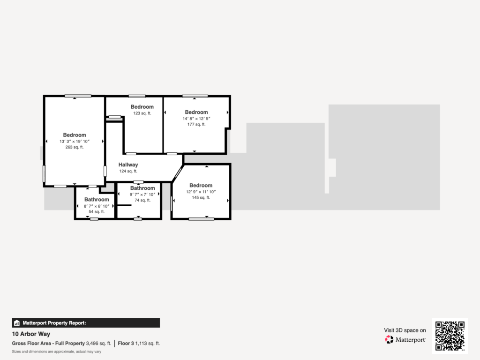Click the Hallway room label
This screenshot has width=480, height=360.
128,165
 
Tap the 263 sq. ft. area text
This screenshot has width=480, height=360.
75,147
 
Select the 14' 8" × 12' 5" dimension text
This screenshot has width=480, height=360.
196,119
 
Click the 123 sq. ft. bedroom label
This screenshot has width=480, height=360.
142,107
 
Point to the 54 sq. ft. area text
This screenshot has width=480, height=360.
97,211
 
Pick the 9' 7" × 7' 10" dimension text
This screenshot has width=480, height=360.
142,195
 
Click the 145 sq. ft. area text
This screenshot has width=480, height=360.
201,197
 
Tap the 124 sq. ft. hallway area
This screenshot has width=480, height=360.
128,171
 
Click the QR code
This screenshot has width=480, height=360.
450,336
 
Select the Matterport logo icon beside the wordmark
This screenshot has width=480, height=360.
389,339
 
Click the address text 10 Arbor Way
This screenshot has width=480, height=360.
31,334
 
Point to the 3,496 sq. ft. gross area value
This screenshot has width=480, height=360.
98,344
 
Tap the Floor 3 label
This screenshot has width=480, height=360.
126,344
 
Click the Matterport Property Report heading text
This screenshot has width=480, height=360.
54,323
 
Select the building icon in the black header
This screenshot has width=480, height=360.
17,323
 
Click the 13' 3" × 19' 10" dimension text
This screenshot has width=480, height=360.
75,142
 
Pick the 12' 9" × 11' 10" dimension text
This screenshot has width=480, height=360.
201,192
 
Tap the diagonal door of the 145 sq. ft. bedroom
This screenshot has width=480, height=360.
178,174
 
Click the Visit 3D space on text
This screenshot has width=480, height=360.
405,330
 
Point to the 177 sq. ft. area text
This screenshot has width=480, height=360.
196,124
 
